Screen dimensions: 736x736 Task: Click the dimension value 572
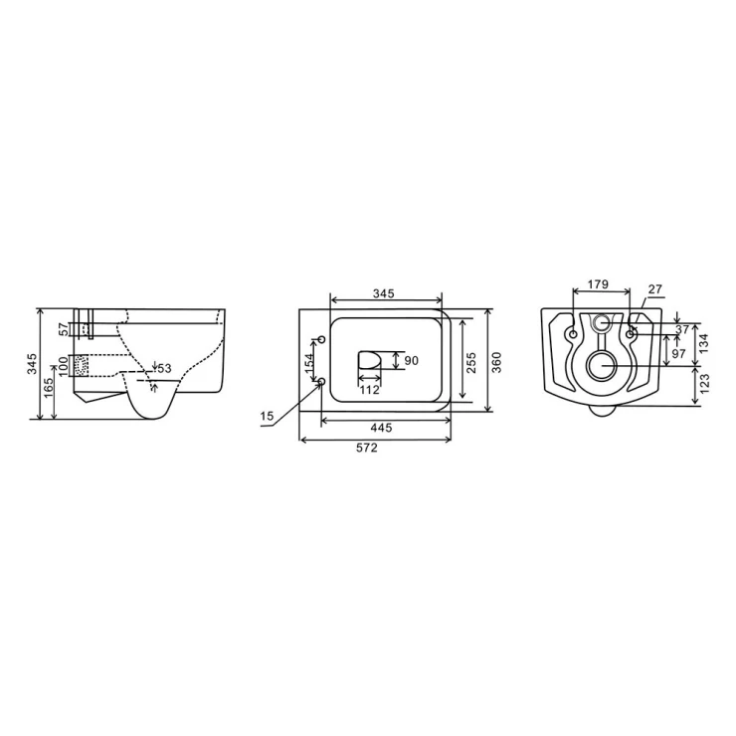point(367,448)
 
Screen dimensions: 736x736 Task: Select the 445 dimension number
point(381,428)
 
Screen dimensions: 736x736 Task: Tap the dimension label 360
point(496,362)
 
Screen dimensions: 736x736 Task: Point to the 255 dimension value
point(471,362)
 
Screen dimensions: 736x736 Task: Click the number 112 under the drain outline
point(369,390)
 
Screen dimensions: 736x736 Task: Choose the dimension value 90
point(411,361)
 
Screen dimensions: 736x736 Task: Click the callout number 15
point(267,416)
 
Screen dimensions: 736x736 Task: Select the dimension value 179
point(598,284)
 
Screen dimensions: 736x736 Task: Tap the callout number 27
point(655,288)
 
